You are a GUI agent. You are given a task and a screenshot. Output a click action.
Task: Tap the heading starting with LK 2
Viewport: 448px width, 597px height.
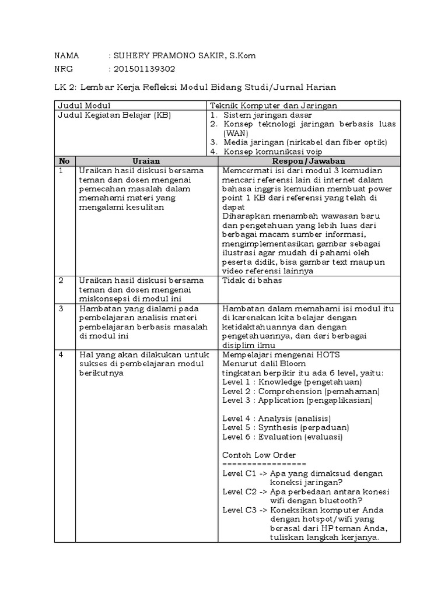coord(195,87)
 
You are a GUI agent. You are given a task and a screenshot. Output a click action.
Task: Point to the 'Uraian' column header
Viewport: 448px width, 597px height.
coord(146,161)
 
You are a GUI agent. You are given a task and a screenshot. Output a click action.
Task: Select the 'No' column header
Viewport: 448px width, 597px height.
coord(64,161)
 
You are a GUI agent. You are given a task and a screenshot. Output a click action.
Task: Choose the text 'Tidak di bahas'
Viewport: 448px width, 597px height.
coord(252,280)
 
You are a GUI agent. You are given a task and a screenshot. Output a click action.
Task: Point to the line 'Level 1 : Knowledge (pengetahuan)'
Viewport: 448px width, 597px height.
coord(292,382)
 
